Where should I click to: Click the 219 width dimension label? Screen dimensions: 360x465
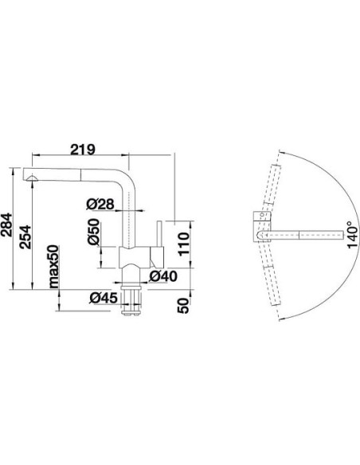pos(83,150)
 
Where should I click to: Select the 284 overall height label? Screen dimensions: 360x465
pos(6,225)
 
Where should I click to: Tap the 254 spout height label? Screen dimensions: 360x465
pos(25,236)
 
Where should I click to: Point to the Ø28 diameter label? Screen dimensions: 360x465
pos(100,204)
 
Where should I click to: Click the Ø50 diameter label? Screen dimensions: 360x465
pos(94,232)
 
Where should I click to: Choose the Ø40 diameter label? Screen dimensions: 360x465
pos(162,276)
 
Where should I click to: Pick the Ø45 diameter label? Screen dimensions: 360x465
pos(104,298)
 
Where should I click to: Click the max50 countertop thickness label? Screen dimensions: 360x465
pos(54,266)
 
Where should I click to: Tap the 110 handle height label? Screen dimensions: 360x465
pos(183,244)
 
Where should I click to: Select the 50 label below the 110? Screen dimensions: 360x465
pos(183,306)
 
